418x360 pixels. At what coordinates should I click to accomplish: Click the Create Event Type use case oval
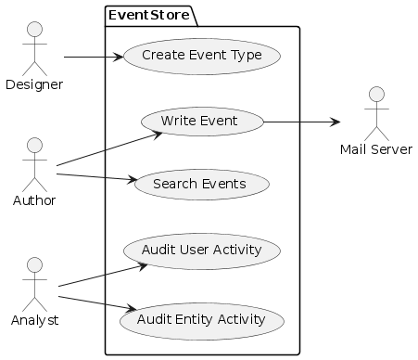[x=202, y=56]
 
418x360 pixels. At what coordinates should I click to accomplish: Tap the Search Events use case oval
[x=202, y=185]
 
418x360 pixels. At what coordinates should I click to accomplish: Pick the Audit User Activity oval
[x=202, y=251]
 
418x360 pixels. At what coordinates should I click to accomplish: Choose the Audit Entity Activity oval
[x=202, y=320]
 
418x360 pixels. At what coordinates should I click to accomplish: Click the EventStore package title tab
[x=149, y=15]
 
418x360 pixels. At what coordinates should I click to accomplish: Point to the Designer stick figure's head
[x=34, y=25]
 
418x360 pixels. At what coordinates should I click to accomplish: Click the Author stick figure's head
[x=34, y=146]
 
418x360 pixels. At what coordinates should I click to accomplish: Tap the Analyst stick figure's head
[x=34, y=266]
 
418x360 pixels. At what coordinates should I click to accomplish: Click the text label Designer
[x=34, y=85]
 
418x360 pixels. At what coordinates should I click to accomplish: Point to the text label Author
[x=34, y=200]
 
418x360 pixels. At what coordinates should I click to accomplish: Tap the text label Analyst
[x=34, y=321]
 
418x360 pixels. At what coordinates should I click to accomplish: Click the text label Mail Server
[x=375, y=149]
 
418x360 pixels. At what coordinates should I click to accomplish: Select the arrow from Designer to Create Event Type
[x=93, y=58]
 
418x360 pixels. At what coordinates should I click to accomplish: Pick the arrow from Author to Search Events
[x=97, y=177]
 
